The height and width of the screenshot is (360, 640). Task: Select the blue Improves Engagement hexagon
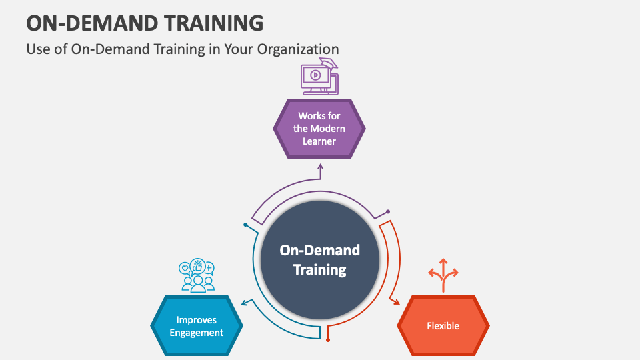tap(197, 326)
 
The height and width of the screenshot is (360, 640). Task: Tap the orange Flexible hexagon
tap(443, 326)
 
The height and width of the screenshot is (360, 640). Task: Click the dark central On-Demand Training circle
tap(319, 260)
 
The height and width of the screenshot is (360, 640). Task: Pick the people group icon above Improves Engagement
tap(197, 276)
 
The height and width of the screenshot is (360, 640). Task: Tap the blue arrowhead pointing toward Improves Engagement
tap(245, 303)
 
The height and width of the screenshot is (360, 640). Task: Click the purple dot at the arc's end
tap(388, 212)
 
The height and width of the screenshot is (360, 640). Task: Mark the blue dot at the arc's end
tap(246, 225)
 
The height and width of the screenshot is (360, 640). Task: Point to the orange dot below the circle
tap(328, 341)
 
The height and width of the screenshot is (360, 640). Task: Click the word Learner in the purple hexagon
tap(319, 141)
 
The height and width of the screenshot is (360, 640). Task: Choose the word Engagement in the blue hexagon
tap(197, 333)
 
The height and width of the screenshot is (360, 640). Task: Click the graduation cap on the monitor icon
tap(329, 64)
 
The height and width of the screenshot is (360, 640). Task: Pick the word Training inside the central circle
tap(319, 270)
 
